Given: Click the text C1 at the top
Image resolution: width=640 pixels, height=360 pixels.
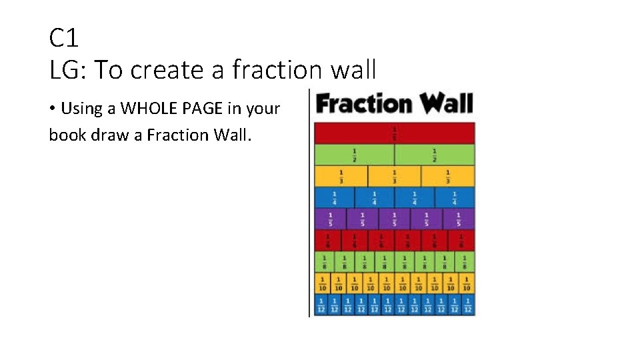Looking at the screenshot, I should [x=64, y=38].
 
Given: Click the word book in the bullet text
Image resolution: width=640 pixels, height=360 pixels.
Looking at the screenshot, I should [x=65, y=135].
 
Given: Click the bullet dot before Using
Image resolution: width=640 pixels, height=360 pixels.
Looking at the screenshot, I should [x=52, y=109].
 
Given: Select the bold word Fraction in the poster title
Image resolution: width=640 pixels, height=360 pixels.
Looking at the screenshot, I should [x=363, y=104].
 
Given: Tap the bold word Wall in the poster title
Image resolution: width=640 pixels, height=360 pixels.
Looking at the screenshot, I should [x=445, y=104].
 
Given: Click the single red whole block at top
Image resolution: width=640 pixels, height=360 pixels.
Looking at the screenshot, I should [x=395, y=133].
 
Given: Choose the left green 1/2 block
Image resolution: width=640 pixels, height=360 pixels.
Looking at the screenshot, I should [x=354, y=155].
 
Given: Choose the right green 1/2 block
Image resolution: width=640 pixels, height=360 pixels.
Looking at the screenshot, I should [x=435, y=155].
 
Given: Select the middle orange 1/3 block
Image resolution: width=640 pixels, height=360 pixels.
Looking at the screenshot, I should [x=395, y=176].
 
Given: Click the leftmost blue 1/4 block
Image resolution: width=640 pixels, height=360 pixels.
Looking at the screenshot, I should [x=334, y=197].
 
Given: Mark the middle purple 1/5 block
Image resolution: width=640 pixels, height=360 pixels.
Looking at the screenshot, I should [x=395, y=219].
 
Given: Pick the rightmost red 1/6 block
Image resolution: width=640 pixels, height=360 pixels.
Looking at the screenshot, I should [x=461, y=240].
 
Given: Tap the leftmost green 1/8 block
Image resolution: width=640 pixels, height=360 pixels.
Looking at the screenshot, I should [x=324, y=261].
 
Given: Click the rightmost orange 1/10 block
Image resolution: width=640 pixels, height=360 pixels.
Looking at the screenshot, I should [x=467, y=283].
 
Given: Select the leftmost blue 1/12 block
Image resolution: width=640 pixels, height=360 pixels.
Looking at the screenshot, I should [x=321, y=305].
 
